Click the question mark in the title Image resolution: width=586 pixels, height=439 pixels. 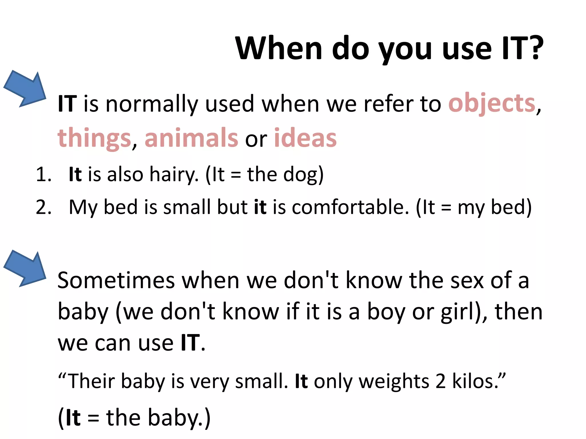click(533, 48)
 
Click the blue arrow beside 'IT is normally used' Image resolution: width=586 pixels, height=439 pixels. click(26, 89)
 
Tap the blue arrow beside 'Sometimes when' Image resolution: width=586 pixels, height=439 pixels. click(26, 269)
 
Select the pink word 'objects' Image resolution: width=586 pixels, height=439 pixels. click(492, 103)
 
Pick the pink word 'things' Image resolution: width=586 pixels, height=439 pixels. click(94, 138)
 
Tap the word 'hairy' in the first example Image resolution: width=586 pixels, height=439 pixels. click(174, 174)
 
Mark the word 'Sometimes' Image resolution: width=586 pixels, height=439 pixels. click(116, 281)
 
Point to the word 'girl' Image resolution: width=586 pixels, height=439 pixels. click(458, 312)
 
